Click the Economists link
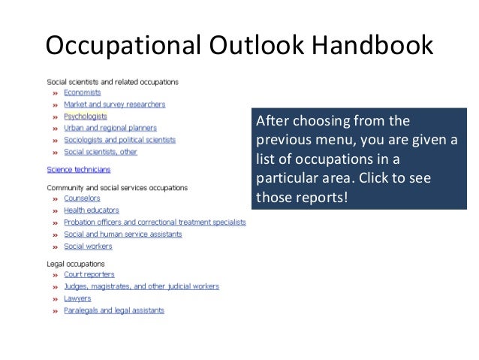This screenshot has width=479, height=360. (82, 92)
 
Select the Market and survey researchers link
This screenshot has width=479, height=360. (114, 104)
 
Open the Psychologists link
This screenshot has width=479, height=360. (85, 116)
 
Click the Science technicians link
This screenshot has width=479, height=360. (78, 170)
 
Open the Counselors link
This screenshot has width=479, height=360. (82, 198)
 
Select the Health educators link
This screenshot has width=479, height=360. (91, 210)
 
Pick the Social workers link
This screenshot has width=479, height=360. (88, 246)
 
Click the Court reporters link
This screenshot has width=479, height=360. (89, 275)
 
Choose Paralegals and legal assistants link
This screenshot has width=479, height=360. (113, 310)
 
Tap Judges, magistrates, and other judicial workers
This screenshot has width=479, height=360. (141, 286)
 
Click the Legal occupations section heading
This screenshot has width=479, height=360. (76, 264)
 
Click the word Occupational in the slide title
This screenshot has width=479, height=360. (119, 46)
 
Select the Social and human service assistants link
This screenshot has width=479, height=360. (122, 234)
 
